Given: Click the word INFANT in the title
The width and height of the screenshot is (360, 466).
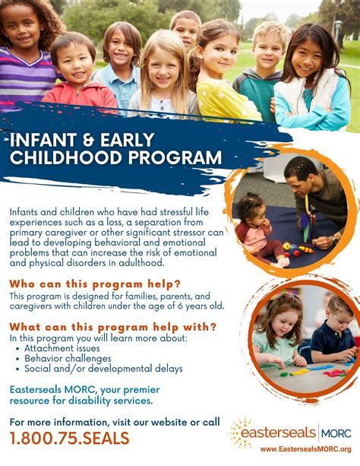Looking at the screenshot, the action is pos(43,140).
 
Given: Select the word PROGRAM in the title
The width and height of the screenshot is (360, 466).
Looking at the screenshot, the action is pos(175,157).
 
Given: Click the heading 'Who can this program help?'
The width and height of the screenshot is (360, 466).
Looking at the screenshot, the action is pos(95,284).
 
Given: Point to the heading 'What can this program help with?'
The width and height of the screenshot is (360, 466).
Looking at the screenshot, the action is pos(113,327).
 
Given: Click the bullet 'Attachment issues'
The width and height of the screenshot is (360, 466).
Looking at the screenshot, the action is pos(62,348).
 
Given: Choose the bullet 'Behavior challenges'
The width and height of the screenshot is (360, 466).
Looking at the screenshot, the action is pos(68,359).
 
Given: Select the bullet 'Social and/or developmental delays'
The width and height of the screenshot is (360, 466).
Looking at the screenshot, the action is pos(103,369).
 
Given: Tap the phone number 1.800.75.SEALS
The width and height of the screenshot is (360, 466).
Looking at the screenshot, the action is pos(70,439).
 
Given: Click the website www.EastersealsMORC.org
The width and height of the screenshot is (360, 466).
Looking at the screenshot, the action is pos(305,449).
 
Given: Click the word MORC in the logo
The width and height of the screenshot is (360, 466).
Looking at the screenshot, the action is pos(336,433).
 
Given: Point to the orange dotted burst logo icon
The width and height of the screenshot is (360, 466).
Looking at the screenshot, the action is pos(241,433).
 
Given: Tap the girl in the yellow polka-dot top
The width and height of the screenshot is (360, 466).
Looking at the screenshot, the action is pos(223,71).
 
